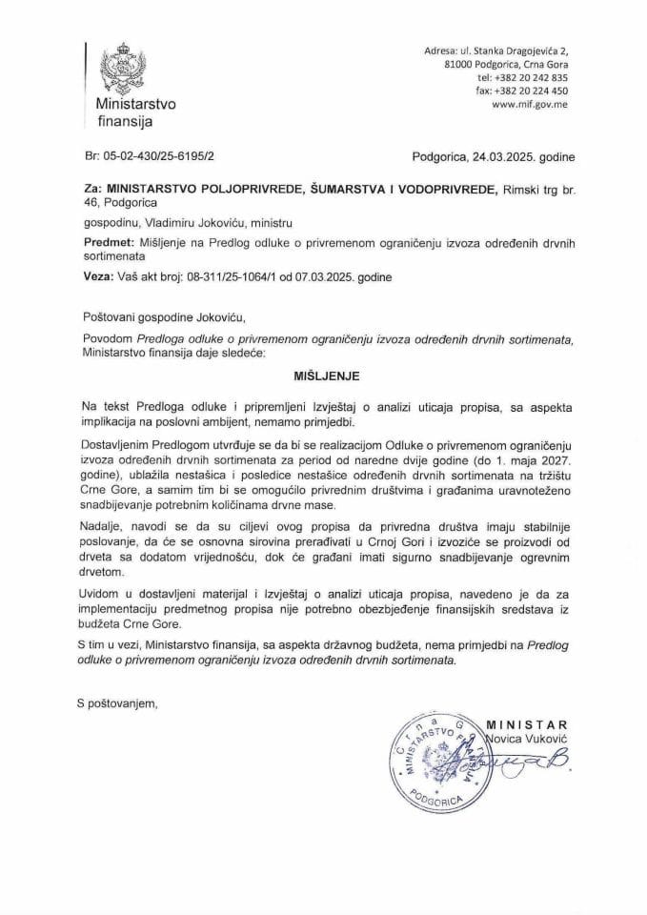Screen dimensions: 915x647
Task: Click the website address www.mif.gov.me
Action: point(530,106)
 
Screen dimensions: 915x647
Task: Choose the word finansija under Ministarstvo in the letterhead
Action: point(124,120)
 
